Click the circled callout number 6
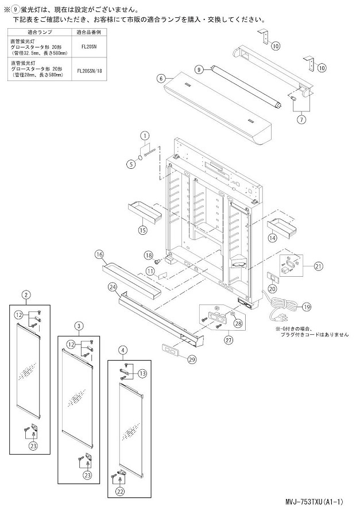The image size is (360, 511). (x=161, y=78)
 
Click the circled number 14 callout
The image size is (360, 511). (x=272, y=237)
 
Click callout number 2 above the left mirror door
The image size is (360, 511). (x=26, y=295)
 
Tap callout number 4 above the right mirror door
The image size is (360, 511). (x=122, y=349)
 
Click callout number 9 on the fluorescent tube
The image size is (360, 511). (x=199, y=69)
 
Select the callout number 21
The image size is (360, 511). (x=319, y=266)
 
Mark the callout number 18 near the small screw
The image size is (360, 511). (x=148, y=254)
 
